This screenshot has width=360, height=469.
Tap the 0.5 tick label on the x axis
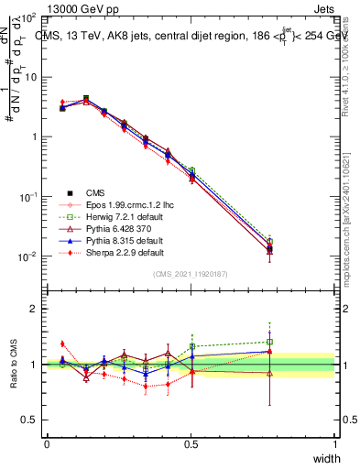click(191, 443)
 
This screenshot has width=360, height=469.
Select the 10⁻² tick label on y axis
click(28, 256)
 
